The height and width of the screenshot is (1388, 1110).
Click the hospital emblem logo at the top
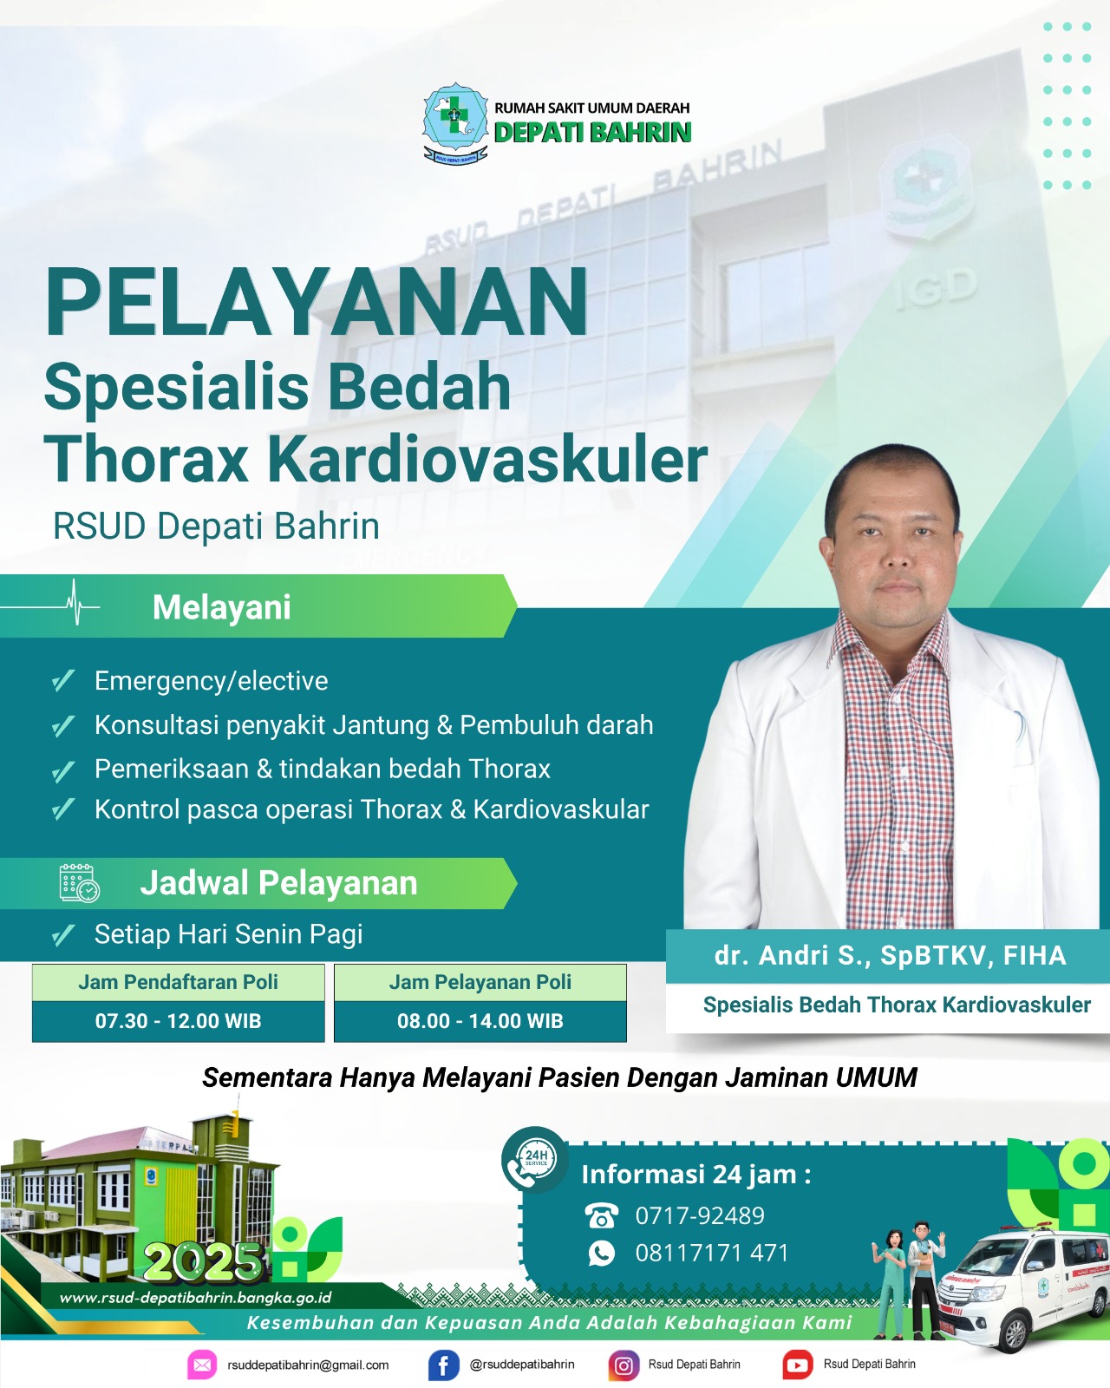455,122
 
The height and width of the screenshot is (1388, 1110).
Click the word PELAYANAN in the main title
316,302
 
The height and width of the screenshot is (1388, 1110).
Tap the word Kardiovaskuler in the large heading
487,459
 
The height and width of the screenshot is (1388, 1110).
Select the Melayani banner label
221,607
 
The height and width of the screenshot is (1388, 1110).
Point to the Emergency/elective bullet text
211,681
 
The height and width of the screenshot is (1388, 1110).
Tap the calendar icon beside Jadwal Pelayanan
79,883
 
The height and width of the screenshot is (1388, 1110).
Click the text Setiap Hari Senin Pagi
228,934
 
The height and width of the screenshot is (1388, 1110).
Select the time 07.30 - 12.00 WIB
178,1021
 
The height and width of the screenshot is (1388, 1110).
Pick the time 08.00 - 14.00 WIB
480,1021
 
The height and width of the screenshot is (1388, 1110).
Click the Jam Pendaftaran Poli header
178,982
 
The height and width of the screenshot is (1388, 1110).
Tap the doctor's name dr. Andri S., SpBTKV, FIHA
890,956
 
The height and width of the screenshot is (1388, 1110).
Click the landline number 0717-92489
700,1215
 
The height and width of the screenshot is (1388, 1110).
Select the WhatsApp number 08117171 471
712,1254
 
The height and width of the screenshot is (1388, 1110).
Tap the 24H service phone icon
534,1159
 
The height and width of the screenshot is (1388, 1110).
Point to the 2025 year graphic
203,1261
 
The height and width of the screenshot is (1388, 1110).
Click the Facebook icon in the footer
443,1365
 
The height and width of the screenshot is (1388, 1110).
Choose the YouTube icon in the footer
798,1365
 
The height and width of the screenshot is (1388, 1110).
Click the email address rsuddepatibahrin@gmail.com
308,1365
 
